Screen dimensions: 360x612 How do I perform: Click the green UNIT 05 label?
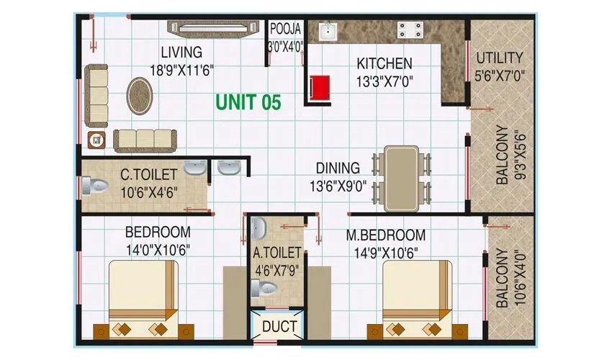point(248,102)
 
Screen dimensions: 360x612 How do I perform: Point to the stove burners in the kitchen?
point(410,30)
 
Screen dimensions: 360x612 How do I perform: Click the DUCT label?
point(279,326)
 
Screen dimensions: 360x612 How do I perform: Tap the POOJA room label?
point(286,30)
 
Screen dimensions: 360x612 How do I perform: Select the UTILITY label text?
point(500,58)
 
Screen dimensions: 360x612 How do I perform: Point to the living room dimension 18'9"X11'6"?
point(182,70)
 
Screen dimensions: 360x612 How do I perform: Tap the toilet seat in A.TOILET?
point(264,288)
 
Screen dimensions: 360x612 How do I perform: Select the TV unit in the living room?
point(214,27)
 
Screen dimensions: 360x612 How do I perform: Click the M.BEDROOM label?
point(386,235)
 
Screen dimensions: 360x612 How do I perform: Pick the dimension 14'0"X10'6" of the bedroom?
point(158,249)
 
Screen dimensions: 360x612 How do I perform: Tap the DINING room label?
point(338,168)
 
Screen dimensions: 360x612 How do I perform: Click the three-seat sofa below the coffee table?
point(144,138)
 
